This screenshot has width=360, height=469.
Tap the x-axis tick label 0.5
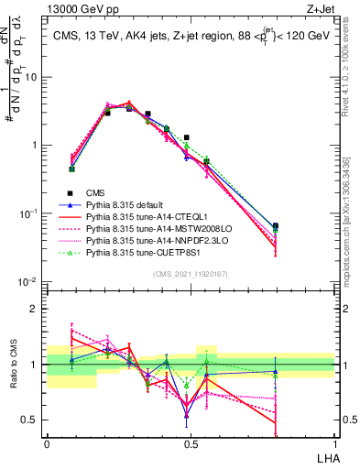(x=190, y=444)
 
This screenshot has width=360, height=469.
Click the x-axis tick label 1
(x=334, y=444)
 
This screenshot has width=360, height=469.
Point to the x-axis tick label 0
(x=47, y=444)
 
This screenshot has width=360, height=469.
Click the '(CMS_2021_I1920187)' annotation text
(x=190, y=272)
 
